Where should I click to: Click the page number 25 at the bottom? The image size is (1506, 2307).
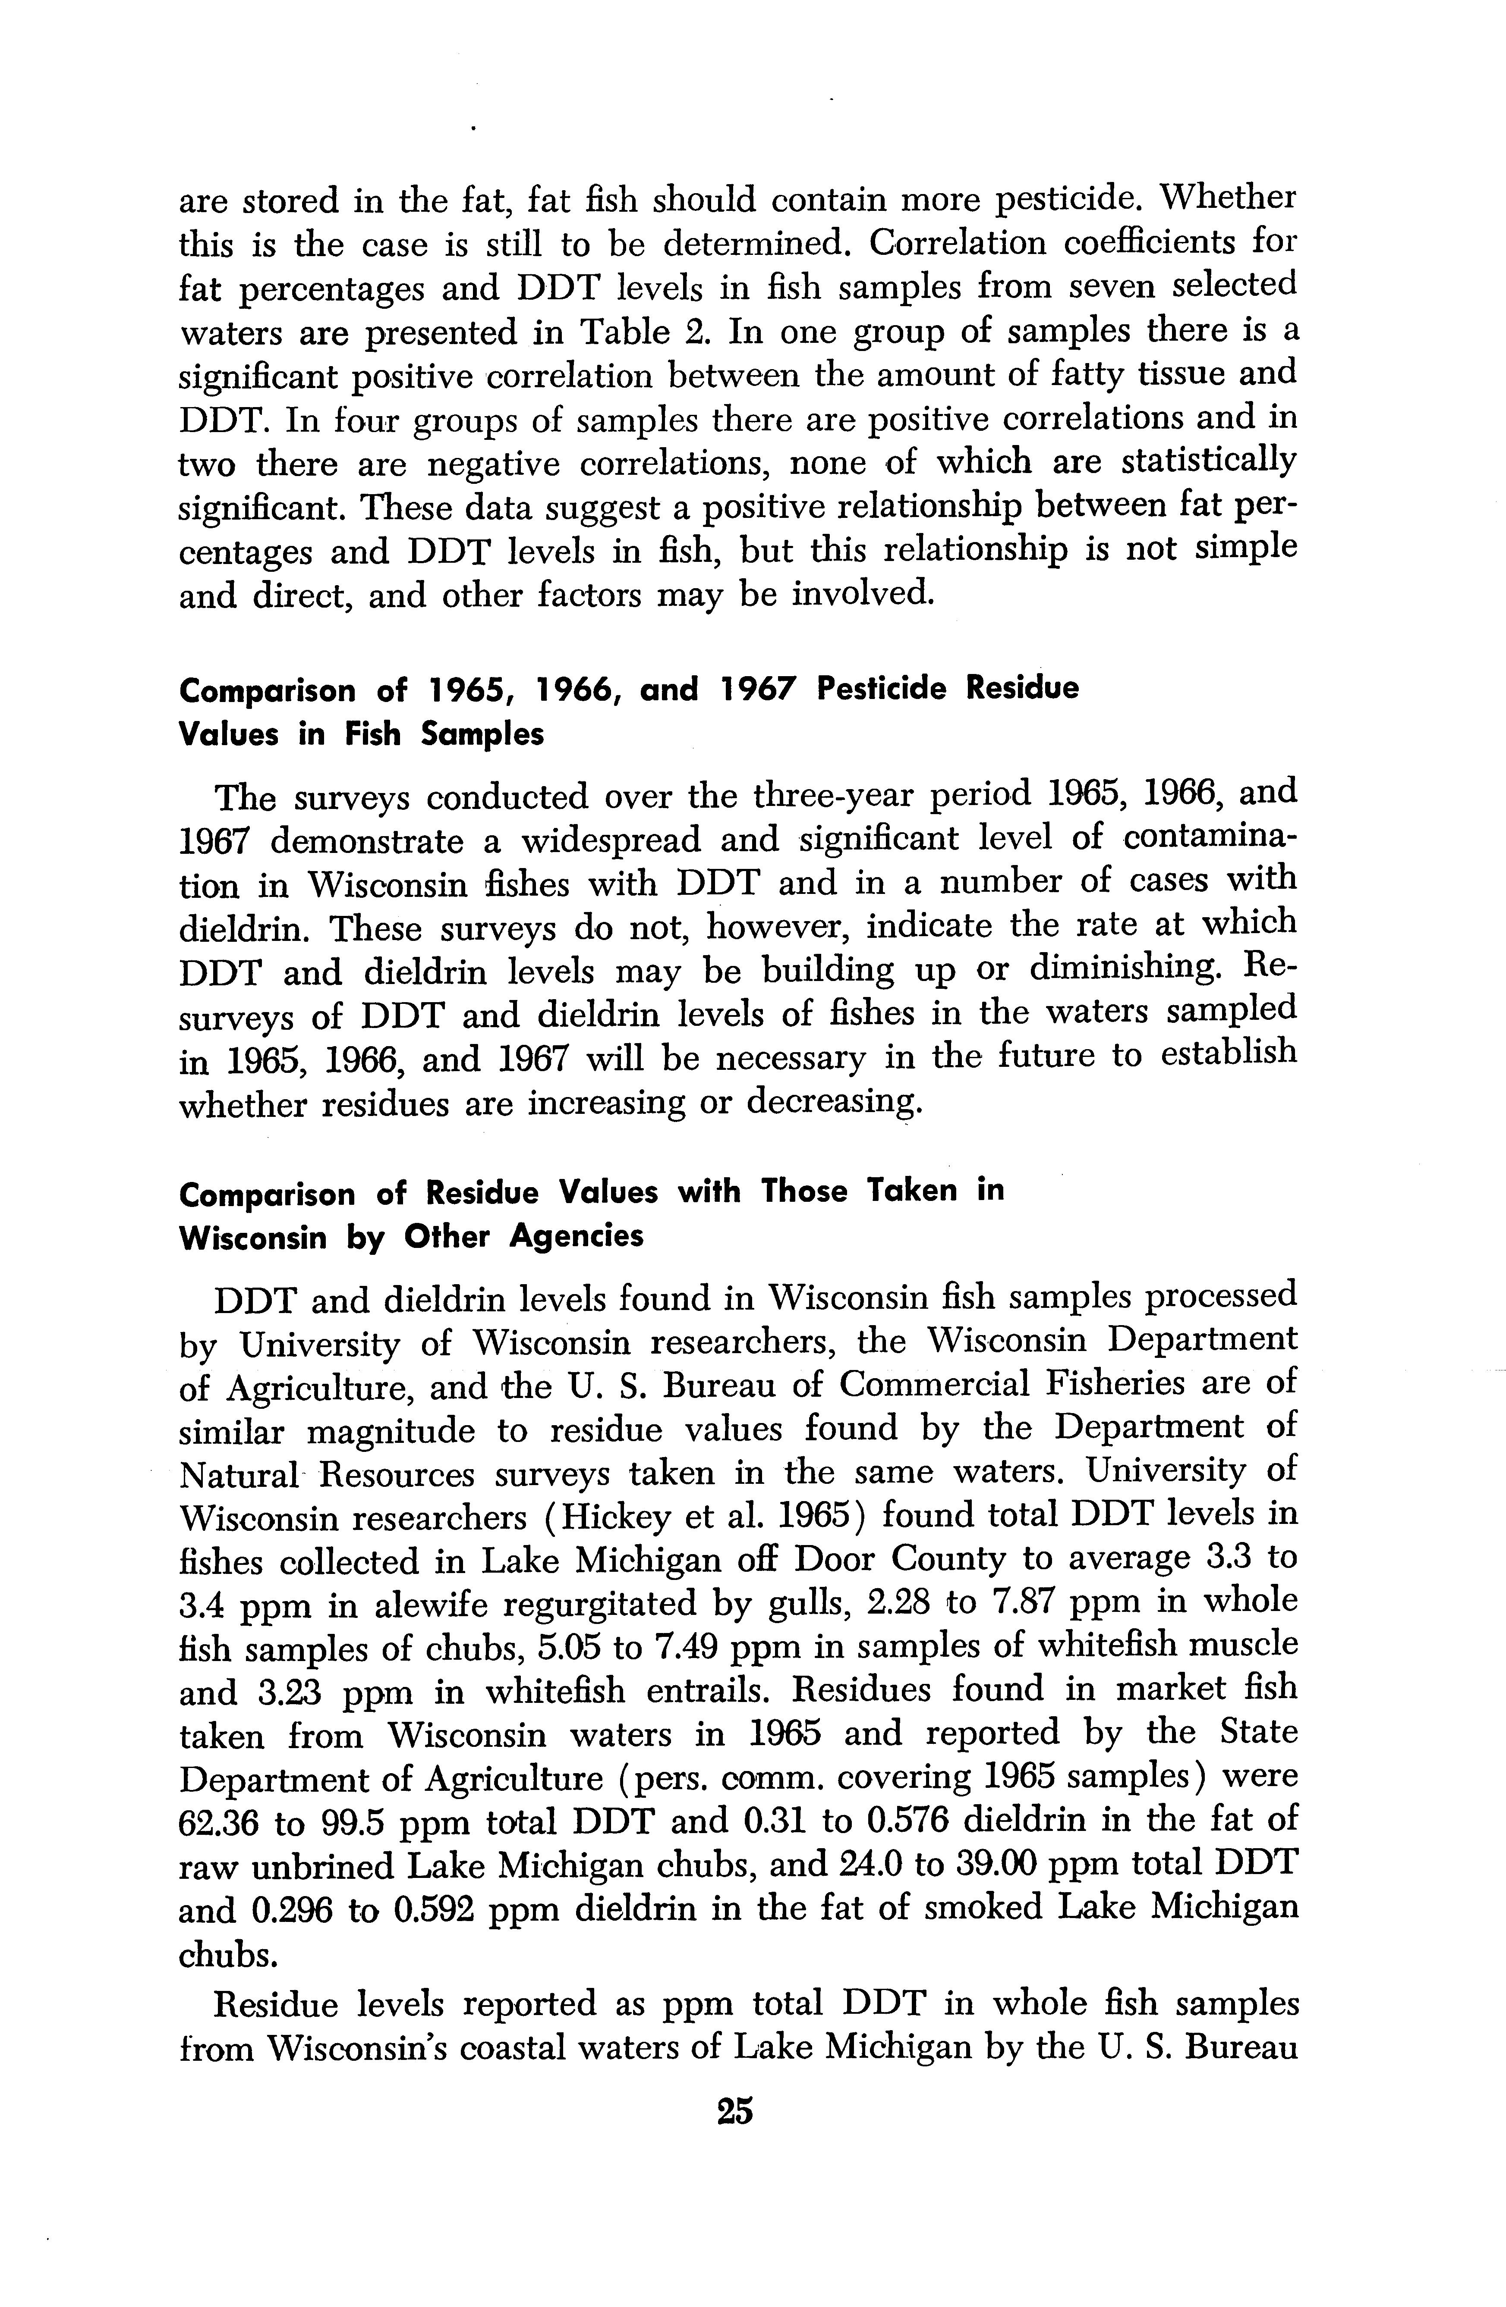(x=735, y=2110)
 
